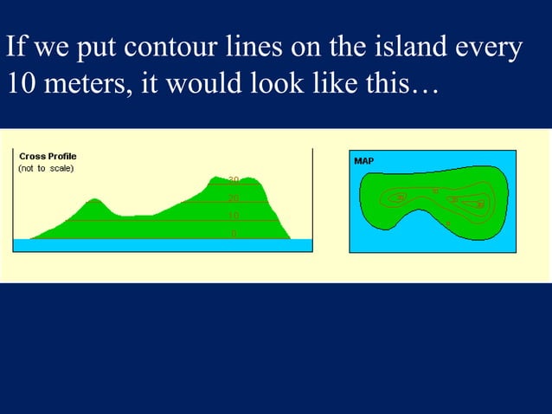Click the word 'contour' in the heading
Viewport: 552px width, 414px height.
click(163, 49)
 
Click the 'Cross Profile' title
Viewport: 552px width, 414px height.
click(48, 156)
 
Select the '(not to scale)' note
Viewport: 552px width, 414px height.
click(47, 168)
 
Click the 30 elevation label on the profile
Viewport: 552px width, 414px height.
click(233, 180)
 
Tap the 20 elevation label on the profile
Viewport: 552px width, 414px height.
click(233, 198)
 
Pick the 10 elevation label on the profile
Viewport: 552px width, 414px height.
click(233, 216)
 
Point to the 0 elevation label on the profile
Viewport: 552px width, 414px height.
click(233, 233)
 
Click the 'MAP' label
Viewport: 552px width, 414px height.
click(364, 161)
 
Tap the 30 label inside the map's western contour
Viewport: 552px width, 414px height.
click(400, 197)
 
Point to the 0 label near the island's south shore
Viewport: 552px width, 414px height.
click(447, 224)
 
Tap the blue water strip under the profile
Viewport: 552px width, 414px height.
click(162, 245)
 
